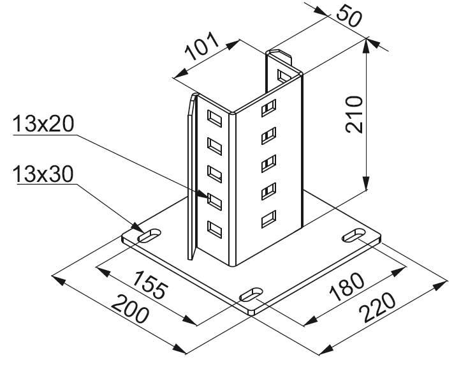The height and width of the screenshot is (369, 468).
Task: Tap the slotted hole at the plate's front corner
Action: pos(251,295)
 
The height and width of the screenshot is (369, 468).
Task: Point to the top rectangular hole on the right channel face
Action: pos(269,107)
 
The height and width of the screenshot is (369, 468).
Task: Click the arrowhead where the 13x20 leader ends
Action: pos(207,199)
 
